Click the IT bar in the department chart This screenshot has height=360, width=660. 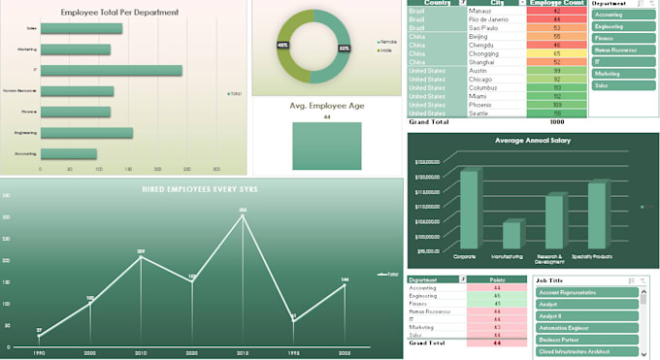[x=111, y=71]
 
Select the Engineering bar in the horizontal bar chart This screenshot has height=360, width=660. [x=86, y=133]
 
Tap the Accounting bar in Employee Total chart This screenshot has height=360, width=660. [x=68, y=153]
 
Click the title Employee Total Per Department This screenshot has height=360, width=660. [x=119, y=12]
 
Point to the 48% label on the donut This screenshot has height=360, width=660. [x=282, y=46]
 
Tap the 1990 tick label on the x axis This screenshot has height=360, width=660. [x=39, y=353]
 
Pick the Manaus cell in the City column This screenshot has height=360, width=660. [x=480, y=11]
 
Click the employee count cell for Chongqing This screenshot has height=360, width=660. [x=556, y=52]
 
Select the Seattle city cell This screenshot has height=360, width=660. [x=480, y=114]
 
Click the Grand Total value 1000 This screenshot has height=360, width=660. [x=556, y=122]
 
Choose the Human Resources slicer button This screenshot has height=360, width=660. [x=622, y=48]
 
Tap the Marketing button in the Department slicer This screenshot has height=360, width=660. [x=622, y=72]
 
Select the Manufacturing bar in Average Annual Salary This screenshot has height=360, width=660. [x=511, y=236]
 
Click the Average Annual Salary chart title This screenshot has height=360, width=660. [x=532, y=141]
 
